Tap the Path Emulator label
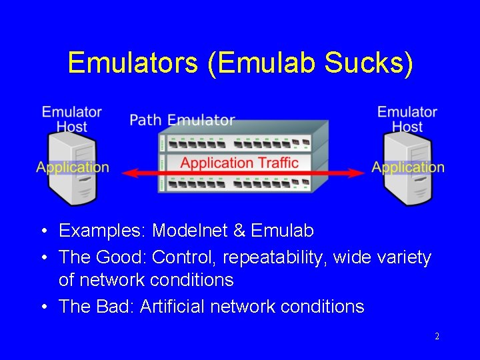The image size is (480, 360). pyautogui.click(x=182, y=120)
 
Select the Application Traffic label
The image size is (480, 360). pyautogui.click(x=239, y=163)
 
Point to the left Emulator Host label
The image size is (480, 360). pyautogui.click(x=72, y=119)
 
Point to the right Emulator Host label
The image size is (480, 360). pyautogui.click(x=407, y=119)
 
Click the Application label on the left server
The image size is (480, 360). pyautogui.click(x=73, y=167)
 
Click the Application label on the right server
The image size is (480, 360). pyautogui.click(x=408, y=167)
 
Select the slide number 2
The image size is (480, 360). pyautogui.click(x=437, y=337)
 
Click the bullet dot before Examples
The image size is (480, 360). pyautogui.click(x=43, y=232)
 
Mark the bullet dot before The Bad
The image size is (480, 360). pyautogui.click(x=43, y=307)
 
